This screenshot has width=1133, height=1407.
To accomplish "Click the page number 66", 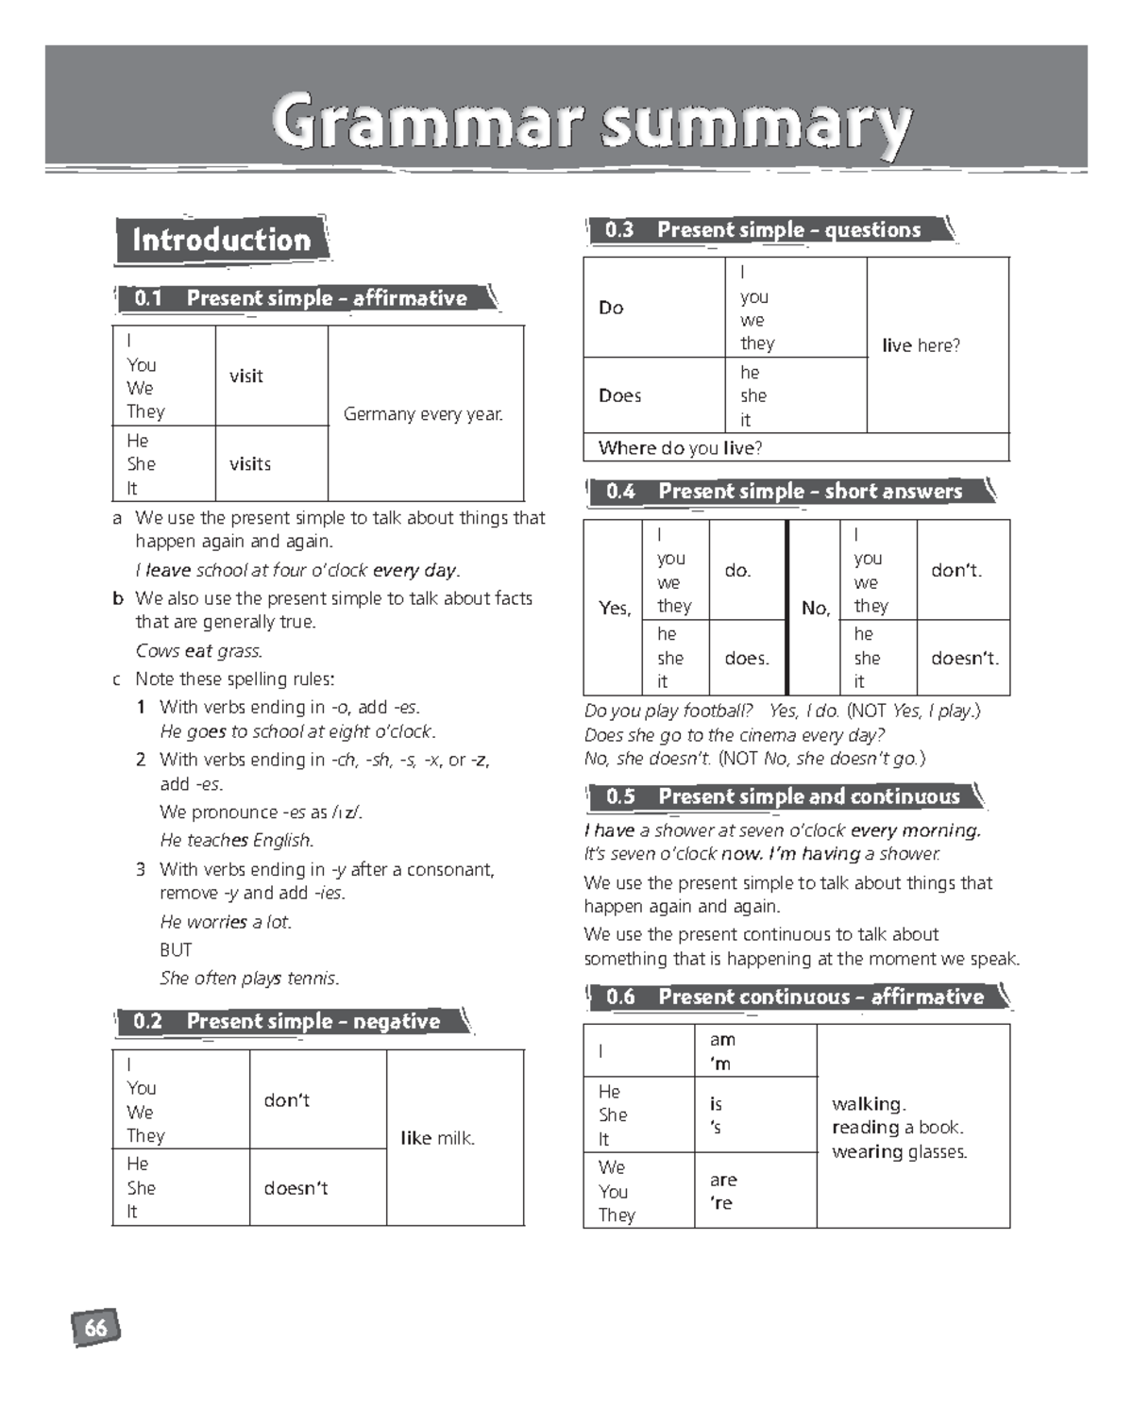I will pyautogui.click(x=95, y=1328).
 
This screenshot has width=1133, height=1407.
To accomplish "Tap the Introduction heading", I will pyautogui.click(x=222, y=240).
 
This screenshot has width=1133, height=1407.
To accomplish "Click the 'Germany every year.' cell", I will pyautogui.click(x=424, y=413).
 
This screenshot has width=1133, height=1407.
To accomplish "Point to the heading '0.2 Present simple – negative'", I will pyautogui.click(x=292, y=1021).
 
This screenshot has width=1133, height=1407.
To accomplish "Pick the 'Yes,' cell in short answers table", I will pyautogui.click(x=614, y=608).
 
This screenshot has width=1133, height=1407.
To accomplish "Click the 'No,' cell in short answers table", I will pyautogui.click(x=815, y=608).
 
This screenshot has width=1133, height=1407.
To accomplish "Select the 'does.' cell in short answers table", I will pyautogui.click(x=747, y=658).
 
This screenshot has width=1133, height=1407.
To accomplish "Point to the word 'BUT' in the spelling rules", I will pyautogui.click(x=176, y=949).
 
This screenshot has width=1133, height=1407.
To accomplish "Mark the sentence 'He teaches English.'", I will pyautogui.click(x=237, y=840).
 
